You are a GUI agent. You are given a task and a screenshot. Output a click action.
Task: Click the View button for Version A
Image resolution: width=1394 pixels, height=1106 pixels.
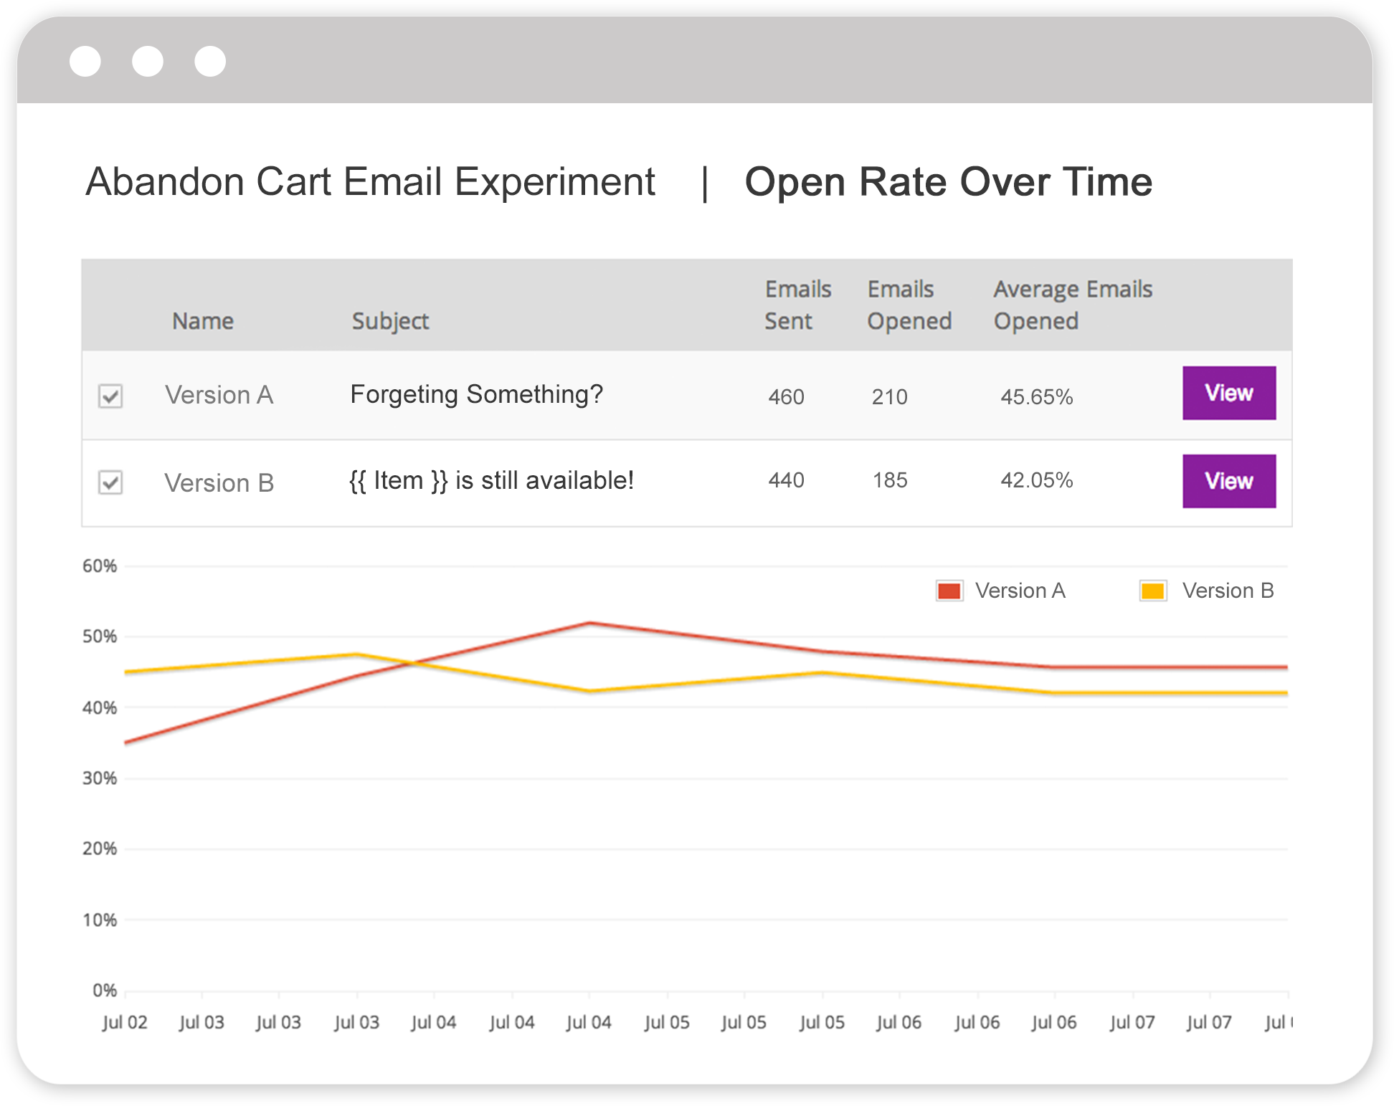pos(1228,393)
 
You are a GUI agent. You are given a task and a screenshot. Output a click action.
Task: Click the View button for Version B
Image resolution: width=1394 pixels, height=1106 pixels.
pos(1228,481)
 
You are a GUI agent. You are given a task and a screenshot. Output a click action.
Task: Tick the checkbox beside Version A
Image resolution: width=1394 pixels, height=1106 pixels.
pos(110,396)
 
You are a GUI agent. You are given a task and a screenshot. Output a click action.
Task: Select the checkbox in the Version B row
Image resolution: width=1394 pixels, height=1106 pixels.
pos(110,482)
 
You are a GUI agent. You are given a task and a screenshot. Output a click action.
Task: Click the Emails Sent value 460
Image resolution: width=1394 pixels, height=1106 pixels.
pos(786,396)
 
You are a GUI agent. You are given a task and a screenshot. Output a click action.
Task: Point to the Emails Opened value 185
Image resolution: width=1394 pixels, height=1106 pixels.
pos(889,480)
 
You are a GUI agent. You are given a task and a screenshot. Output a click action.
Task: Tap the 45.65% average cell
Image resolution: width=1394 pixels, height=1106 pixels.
pos(1036,396)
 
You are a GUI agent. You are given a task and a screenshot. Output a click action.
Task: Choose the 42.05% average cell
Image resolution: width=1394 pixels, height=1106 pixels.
pos(1036,480)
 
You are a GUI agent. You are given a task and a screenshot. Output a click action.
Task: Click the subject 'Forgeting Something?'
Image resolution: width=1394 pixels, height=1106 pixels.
pos(476,394)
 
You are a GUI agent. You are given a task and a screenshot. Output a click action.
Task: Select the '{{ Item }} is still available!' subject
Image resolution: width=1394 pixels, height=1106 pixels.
pos(491,480)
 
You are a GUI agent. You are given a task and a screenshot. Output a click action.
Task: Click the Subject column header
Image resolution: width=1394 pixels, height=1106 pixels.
pos(390,321)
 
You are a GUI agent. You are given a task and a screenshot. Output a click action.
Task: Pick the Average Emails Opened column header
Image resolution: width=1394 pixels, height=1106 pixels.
pos(1072,305)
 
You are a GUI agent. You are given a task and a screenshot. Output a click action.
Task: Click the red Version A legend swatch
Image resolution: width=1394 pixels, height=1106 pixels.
pos(949,591)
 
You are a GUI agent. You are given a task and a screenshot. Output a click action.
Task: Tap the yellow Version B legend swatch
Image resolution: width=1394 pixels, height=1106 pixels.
pos(1153,591)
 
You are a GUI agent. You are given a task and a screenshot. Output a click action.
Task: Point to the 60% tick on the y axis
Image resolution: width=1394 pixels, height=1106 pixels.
pos(100,566)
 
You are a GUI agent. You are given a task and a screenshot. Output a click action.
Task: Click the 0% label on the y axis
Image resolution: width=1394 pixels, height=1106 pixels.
pos(105,991)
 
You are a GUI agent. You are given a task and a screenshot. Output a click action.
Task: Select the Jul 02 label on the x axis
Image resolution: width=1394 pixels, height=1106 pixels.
pos(125,1022)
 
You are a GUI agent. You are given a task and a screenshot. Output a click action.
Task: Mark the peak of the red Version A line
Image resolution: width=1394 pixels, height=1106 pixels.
pos(589,623)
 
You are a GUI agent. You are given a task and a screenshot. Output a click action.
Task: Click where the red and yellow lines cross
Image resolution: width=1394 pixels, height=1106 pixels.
pos(414,663)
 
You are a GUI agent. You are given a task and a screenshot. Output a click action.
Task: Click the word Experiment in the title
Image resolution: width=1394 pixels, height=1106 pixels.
pos(555,182)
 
